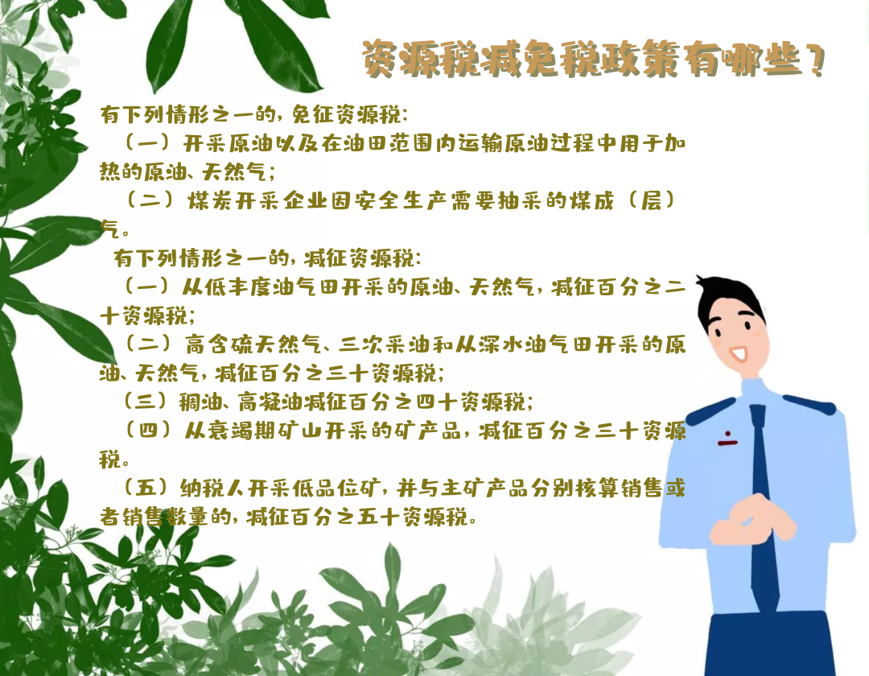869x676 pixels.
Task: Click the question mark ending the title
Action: click(814, 59)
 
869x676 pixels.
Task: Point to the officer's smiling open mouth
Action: click(739, 353)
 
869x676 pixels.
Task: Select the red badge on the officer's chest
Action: click(727, 439)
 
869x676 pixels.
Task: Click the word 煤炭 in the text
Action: click(210, 200)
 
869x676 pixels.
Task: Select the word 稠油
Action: click(200, 402)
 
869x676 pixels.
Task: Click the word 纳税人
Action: click(212, 488)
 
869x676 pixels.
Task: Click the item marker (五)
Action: click(145, 488)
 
